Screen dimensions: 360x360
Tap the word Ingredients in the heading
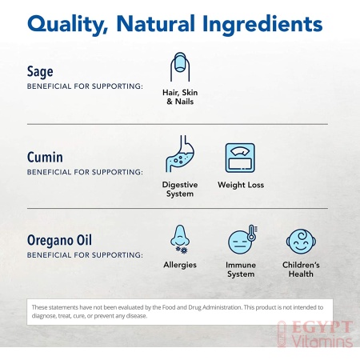[x=262, y=25]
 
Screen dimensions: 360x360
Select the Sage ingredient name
[x=40, y=72]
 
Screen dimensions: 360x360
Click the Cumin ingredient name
[x=45, y=157]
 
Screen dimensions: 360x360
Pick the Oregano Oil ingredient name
[x=59, y=240]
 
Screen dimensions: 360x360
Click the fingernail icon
[x=180, y=67]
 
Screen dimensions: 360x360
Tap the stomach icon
[x=180, y=154]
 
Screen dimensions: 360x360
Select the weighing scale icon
[x=240, y=158]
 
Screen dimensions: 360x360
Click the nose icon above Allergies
[x=180, y=235]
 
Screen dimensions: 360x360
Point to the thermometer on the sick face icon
[x=251, y=233]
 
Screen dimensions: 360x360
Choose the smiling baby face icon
[x=301, y=242]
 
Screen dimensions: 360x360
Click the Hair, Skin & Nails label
[x=180, y=97]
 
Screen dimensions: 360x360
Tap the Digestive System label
[x=180, y=189]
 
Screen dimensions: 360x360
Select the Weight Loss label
[x=241, y=185]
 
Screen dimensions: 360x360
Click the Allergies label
[x=180, y=265]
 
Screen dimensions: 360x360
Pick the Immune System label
[x=241, y=270]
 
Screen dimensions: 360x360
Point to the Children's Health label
[x=301, y=270]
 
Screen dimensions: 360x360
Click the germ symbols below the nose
[x=182, y=250]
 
